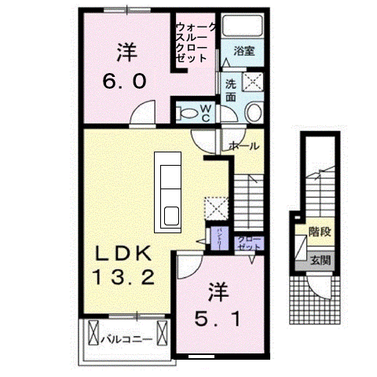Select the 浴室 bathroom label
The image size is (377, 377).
pos(243,53)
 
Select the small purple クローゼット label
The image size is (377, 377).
pos(248,242)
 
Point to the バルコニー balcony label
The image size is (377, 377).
pos(120,340)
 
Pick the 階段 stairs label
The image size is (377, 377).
pos(319,232)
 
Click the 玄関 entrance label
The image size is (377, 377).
pos(319,258)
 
